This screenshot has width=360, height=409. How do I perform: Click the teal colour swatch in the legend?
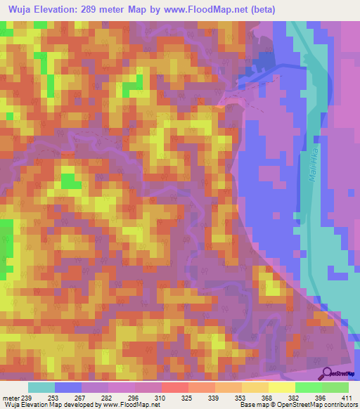[x=41, y=387]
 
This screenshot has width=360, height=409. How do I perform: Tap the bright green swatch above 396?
[x=309, y=387]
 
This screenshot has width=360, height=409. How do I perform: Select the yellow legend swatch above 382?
[x=282, y=387]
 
